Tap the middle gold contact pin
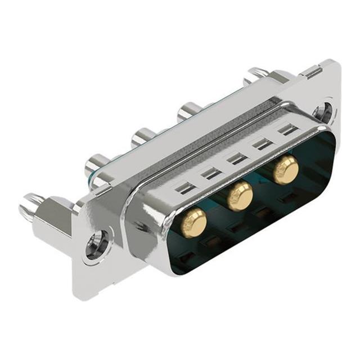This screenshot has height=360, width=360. pos(240,195)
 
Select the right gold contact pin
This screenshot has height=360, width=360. pos(286,170)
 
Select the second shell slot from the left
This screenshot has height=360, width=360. pos(211,173)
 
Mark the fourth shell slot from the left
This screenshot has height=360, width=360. pos(263,144)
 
